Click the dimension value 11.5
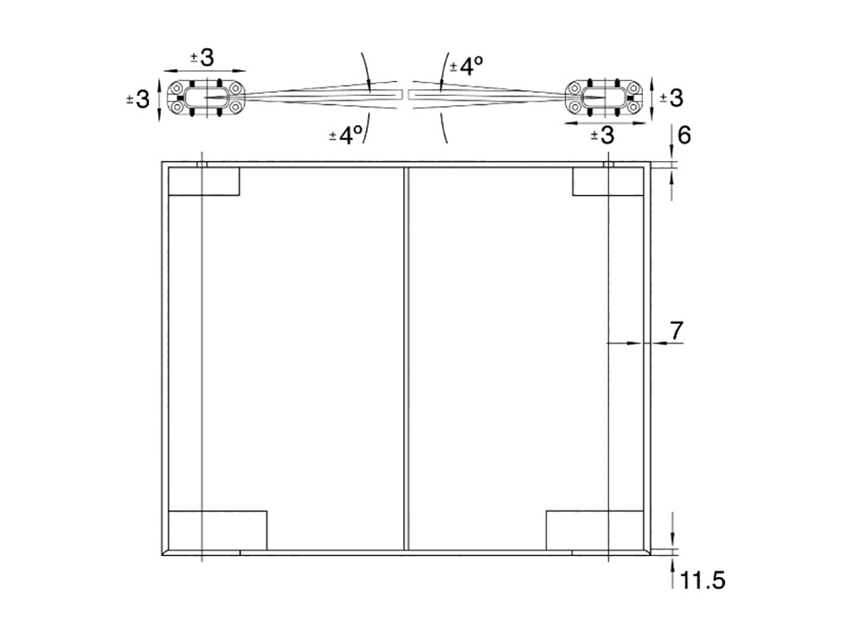(702, 581)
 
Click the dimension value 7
(676, 330)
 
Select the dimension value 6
(684, 135)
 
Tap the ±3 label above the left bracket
(202, 58)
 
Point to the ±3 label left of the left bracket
(138, 100)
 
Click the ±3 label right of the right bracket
(671, 98)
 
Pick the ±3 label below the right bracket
(602, 135)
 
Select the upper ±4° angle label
(466, 66)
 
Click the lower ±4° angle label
(346, 135)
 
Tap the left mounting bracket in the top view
(206, 97)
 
